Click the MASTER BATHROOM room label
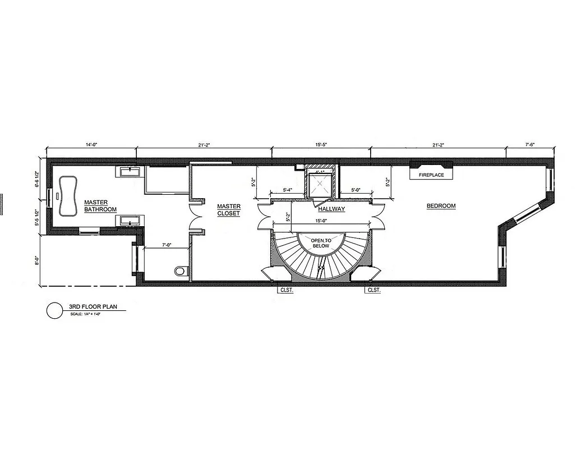(100, 206)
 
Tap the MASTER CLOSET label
(229, 210)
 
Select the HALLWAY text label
(331, 209)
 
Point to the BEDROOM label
(441, 206)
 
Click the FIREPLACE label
(431, 175)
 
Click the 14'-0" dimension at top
(91, 145)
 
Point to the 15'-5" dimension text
(321, 145)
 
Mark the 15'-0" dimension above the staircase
(321, 221)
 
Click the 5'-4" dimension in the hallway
(288, 190)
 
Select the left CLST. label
(287, 291)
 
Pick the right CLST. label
(374, 291)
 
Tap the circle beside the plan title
(54, 310)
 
